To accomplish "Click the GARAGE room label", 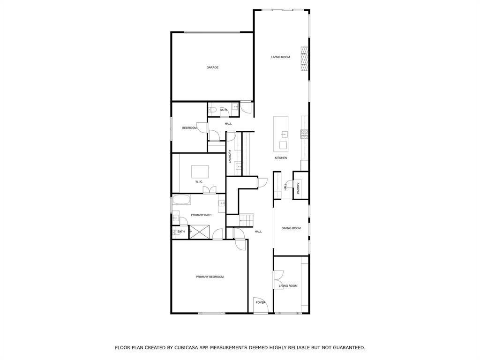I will [212, 67].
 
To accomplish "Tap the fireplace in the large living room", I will [304, 59].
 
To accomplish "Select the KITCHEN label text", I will [281, 158].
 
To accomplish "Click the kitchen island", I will [281, 134].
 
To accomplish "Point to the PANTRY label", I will [298, 187].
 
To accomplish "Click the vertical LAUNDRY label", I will [230, 157].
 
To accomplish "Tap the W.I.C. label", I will [199, 181].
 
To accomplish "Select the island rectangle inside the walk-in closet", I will [200, 170].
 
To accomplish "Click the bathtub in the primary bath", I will [181, 200].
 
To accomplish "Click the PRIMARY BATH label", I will [201, 215].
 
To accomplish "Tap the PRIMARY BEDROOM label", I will [210, 277].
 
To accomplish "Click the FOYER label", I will [261, 302].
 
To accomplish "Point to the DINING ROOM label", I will [291, 228].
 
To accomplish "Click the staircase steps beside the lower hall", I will [247, 219].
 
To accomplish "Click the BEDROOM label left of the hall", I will [189, 128].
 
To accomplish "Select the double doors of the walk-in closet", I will [210, 190].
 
